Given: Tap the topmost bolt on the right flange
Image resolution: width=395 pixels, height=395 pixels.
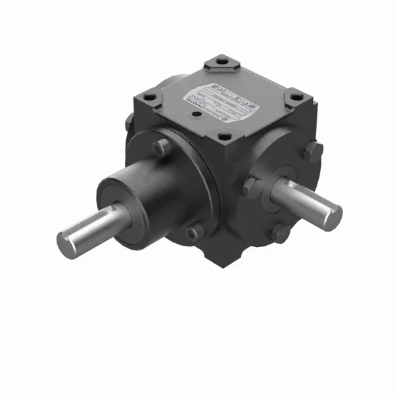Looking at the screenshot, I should point(313,151).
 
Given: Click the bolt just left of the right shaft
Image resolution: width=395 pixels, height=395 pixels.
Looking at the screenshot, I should point(251,187).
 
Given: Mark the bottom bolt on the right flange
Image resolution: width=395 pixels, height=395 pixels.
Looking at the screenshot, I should point(281,232).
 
